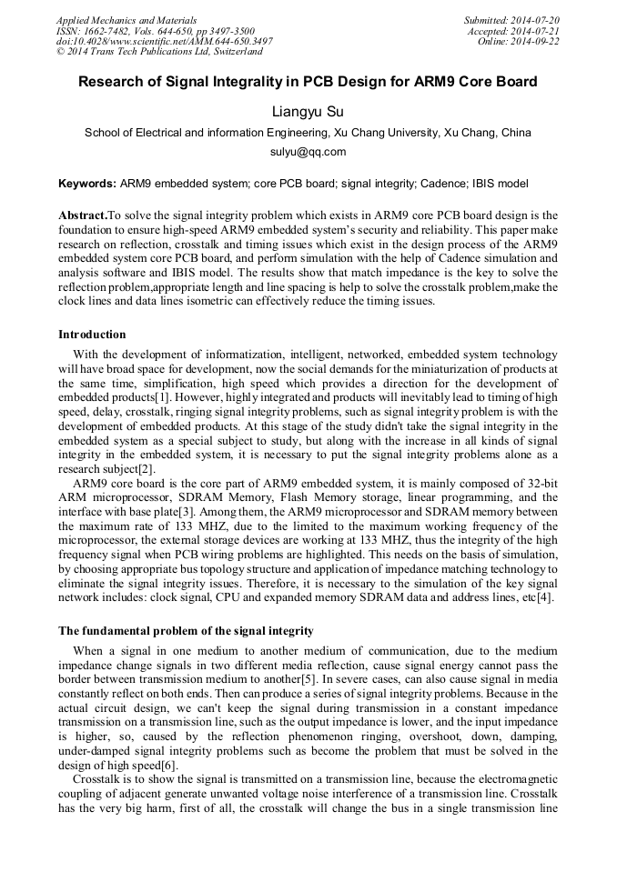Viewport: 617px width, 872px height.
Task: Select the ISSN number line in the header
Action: point(155,30)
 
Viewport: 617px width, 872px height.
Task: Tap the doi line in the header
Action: point(164,41)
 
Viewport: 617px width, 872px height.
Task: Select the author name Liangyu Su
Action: point(308,112)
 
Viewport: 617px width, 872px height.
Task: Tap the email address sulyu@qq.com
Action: point(308,152)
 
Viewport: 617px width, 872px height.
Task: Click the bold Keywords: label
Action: point(87,183)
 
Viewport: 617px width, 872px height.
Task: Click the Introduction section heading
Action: point(92,335)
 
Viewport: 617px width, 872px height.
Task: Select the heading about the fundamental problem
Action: point(186,630)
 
